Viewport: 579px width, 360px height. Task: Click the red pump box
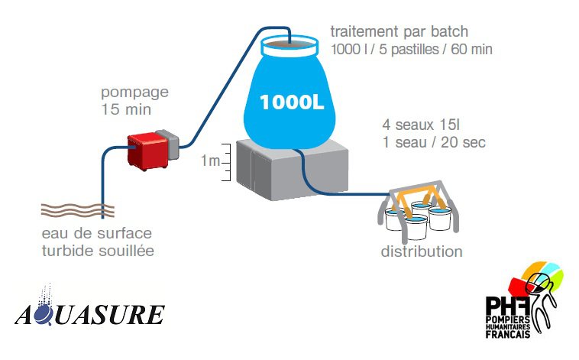click(147, 151)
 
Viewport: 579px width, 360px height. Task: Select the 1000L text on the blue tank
click(292, 102)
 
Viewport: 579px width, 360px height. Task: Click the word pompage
click(134, 92)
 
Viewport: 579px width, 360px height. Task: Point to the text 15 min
click(126, 109)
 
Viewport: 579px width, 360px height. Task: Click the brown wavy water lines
click(78, 210)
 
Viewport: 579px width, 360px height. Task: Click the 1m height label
click(210, 161)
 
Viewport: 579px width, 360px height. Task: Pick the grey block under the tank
click(292, 170)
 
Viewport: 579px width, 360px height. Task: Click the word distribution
click(422, 251)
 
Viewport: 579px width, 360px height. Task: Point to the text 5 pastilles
click(409, 50)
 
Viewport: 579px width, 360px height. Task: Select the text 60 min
click(471, 49)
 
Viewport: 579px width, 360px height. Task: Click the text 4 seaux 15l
click(421, 125)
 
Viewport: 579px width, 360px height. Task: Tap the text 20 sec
click(463, 142)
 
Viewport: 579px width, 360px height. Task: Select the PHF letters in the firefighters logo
click(508, 306)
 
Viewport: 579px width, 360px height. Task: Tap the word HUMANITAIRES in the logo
click(508, 327)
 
